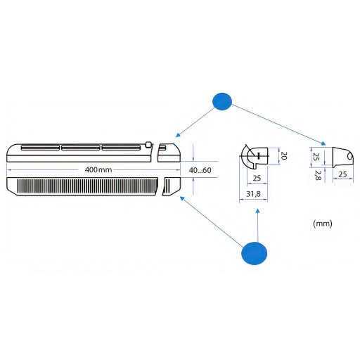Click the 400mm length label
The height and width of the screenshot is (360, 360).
click(98, 169)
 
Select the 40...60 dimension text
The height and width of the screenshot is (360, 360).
click(200, 170)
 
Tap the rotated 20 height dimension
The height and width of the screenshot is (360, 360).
click(284, 155)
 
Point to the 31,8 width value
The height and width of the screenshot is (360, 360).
click(253, 194)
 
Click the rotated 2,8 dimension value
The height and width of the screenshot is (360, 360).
click(318, 175)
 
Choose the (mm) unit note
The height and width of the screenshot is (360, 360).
click(323, 224)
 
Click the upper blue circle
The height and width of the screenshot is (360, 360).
click(222, 101)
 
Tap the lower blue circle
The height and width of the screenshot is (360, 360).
click(254, 253)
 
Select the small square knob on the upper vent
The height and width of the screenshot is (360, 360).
click(148, 144)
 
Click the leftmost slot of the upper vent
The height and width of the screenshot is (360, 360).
click(40, 148)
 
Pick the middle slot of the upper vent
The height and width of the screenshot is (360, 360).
click(81, 148)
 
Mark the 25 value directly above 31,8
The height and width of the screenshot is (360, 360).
click(257, 178)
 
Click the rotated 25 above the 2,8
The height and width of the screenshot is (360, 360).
click(316, 156)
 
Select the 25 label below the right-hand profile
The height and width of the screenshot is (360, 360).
click(342, 174)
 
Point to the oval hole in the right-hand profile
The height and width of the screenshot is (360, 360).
click(349, 156)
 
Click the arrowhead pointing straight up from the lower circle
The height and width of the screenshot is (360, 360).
click(258, 211)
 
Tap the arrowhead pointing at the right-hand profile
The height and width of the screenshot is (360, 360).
click(323, 143)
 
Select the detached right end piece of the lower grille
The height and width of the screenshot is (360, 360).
click(172, 186)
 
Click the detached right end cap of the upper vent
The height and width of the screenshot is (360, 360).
click(169, 153)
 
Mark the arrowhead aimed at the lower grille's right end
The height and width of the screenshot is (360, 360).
click(182, 198)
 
